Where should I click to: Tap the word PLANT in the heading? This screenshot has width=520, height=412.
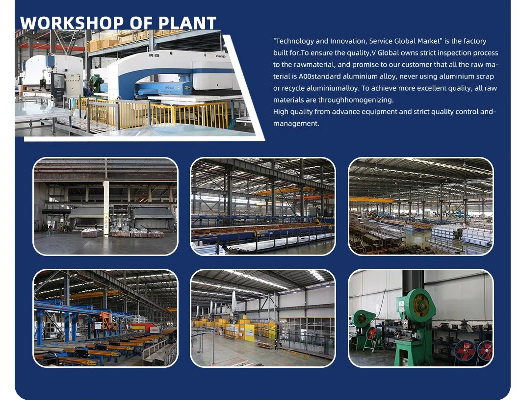[187, 23]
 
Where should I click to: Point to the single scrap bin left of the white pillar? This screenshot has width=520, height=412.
[90, 233]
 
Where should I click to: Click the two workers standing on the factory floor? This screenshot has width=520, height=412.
[276, 345]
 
